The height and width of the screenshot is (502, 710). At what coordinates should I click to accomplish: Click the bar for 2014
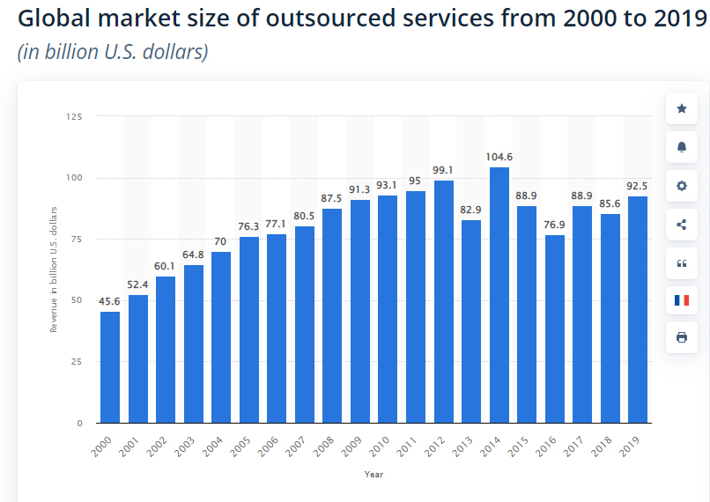click(499, 295)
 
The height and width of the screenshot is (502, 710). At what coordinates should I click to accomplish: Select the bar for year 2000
click(110, 367)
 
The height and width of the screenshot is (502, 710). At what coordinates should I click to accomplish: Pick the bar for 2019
click(638, 309)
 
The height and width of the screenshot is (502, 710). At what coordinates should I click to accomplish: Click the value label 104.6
click(499, 157)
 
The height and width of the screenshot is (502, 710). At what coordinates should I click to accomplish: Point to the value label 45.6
click(110, 301)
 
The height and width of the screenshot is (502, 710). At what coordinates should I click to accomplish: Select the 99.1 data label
click(443, 170)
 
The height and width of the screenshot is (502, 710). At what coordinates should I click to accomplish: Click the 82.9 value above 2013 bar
click(471, 210)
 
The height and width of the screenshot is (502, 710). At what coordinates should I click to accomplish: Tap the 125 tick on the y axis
click(74, 116)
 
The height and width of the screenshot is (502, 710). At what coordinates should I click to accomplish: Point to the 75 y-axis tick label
click(77, 239)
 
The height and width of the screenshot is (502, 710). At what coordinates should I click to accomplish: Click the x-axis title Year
click(373, 475)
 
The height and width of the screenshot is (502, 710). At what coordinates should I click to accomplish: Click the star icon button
click(681, 108)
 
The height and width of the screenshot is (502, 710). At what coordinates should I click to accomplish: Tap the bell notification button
click(681, 147)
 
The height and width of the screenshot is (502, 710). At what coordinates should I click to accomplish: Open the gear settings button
click(681, 186)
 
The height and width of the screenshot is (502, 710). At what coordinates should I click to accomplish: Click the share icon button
click(681, 224)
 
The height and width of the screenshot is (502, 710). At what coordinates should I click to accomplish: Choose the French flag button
click(681, 300)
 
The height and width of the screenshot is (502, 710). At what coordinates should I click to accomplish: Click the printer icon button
click(681, 337)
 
